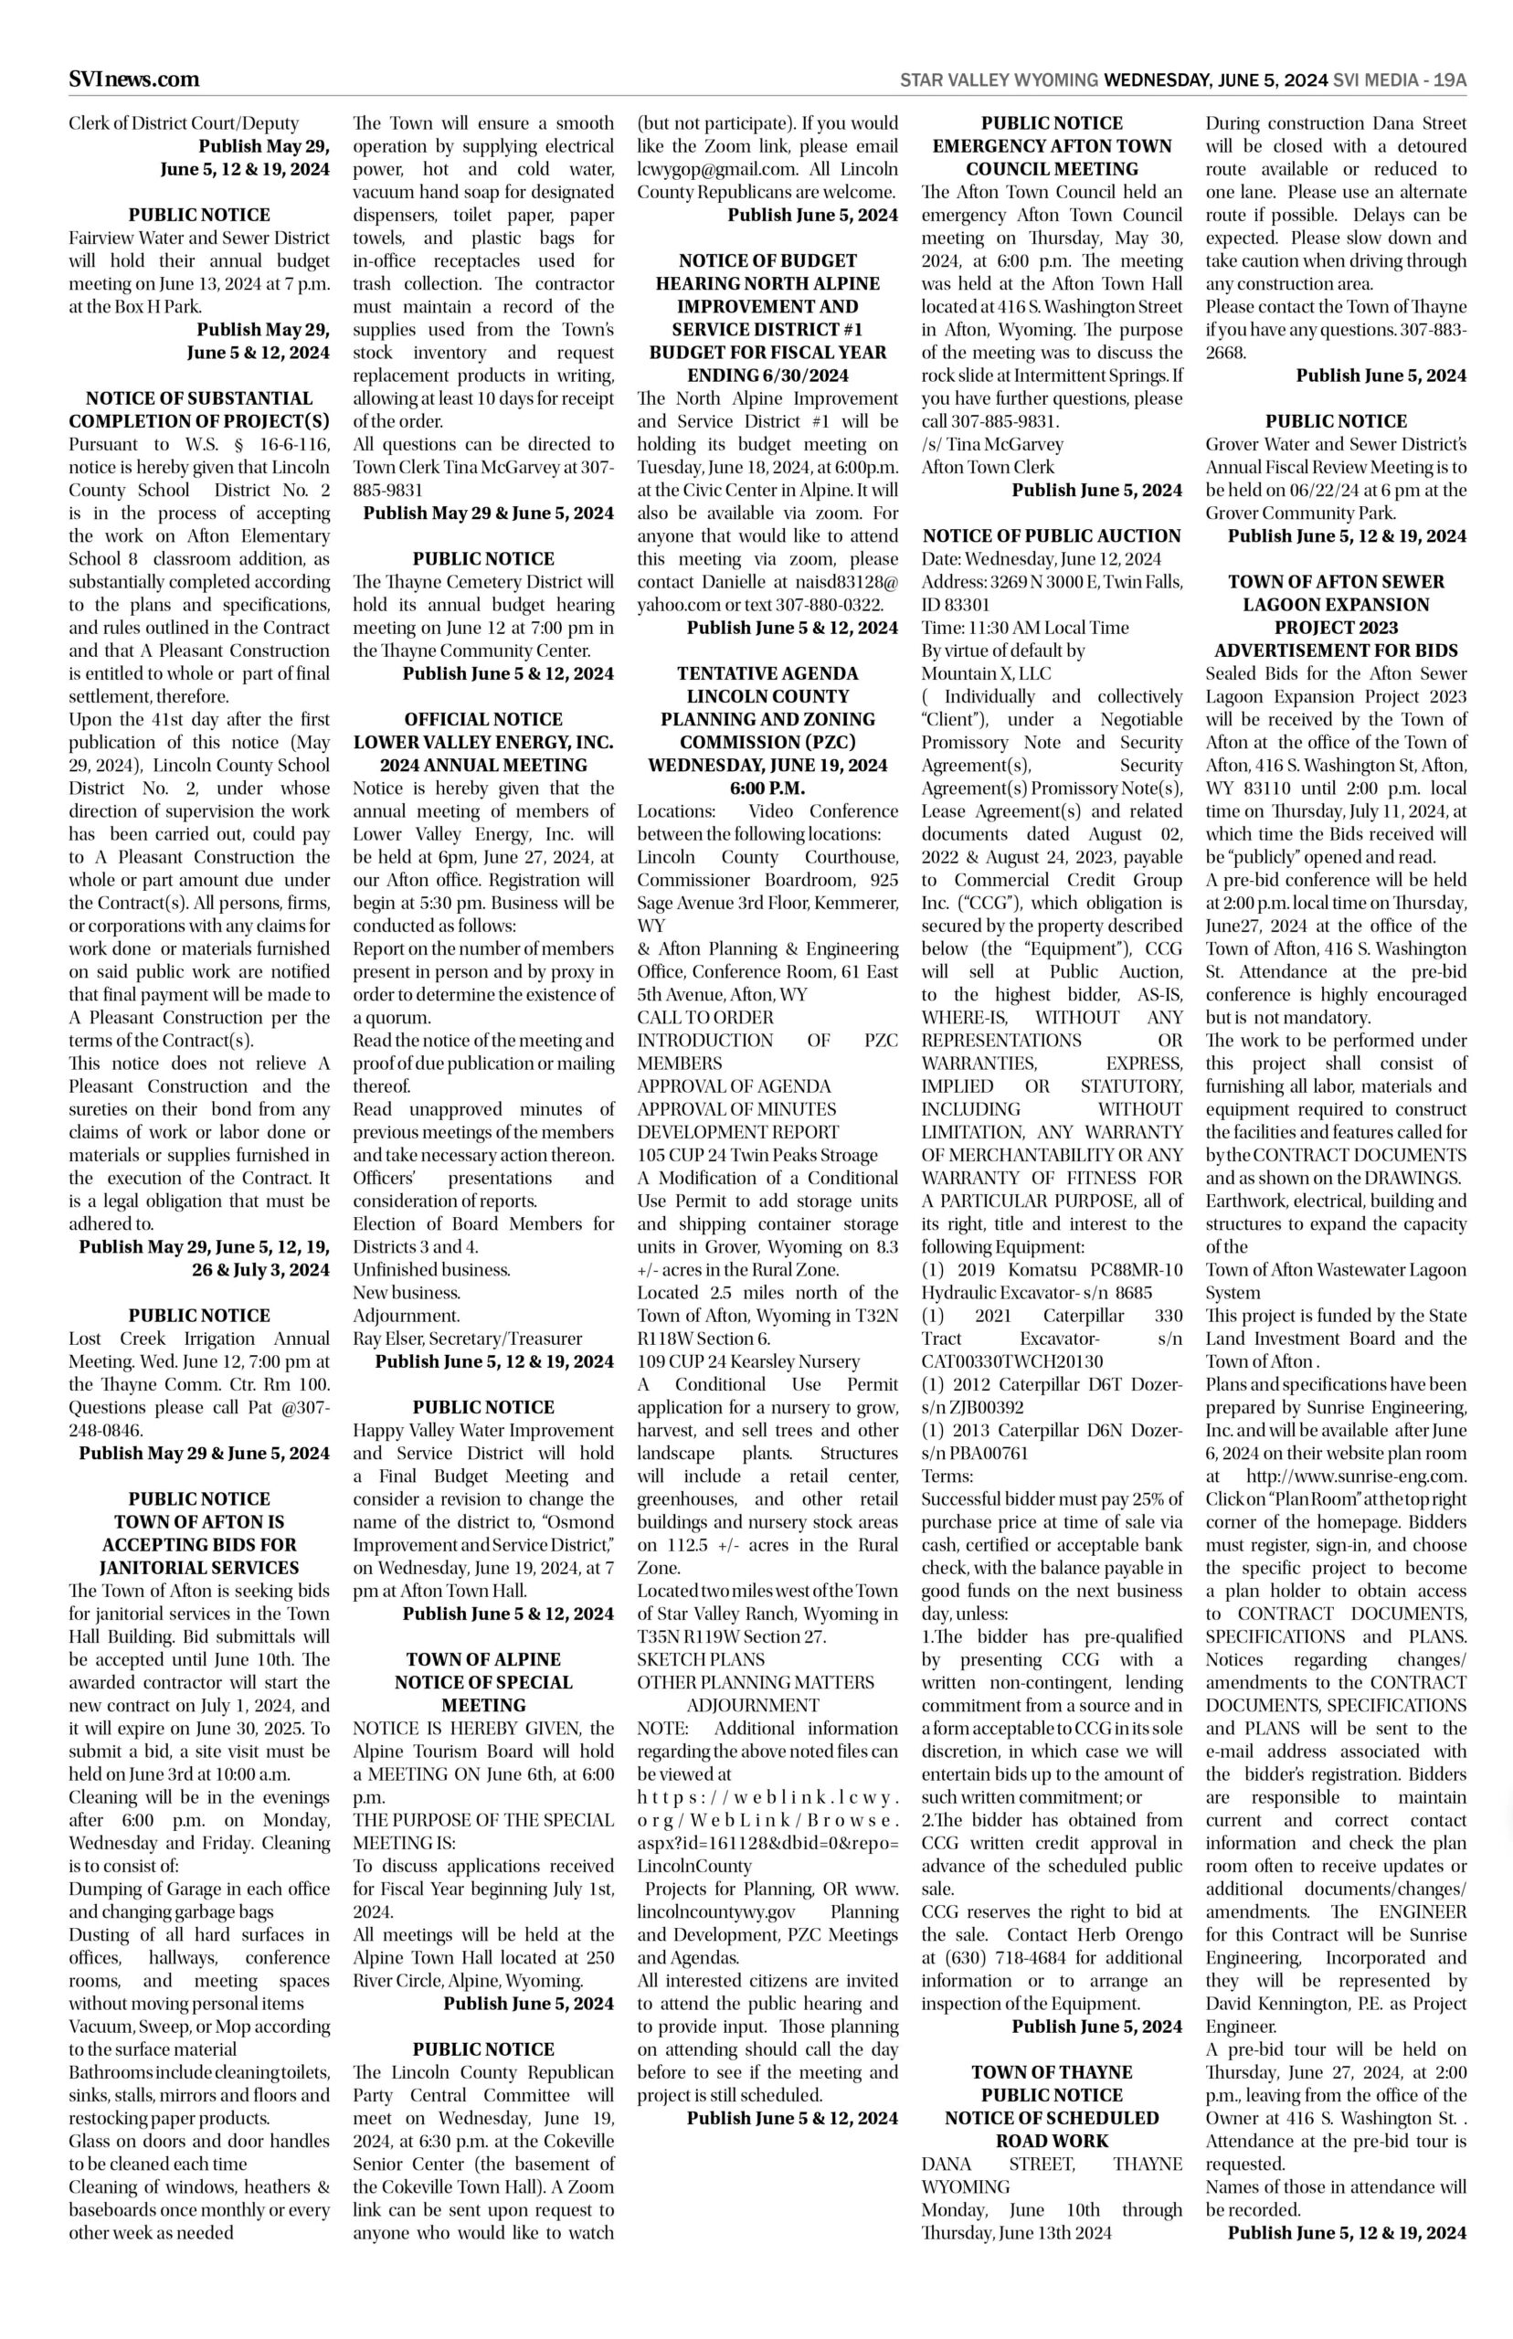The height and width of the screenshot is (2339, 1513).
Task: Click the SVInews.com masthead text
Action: coord(133,79)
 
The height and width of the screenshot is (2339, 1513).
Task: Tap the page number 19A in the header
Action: coord(1449,79)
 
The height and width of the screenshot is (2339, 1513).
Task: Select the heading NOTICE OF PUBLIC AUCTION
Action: coord(1052,535)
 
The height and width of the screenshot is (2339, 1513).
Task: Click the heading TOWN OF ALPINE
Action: coord(483,1659)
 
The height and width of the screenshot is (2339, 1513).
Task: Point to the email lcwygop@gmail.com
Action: coord(704,169)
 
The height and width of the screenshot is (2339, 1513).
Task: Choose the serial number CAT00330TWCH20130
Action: coord(1012,1360)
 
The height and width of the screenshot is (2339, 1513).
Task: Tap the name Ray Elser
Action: coord(386,1338)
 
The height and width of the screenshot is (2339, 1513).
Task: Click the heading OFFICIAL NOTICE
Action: coord(483,719)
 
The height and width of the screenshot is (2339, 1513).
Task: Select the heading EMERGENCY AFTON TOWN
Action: coord(1052,145)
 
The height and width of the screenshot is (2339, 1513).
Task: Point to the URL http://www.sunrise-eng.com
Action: coord(1356,1476)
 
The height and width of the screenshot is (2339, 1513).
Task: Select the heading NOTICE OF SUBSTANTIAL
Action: coord(199,397)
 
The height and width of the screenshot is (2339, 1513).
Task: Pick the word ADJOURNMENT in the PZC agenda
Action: coord(753,1706)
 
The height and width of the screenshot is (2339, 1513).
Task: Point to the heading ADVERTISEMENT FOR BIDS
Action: coord(1335,651)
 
